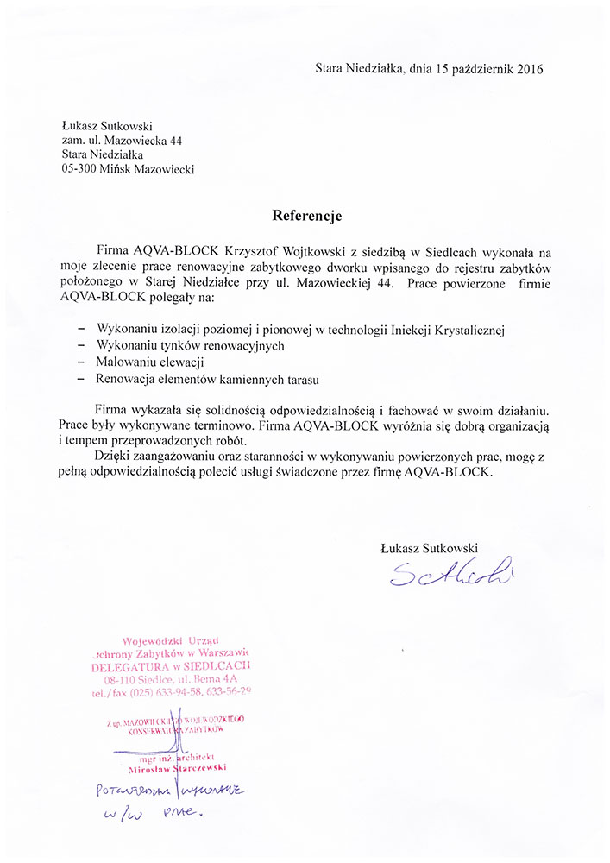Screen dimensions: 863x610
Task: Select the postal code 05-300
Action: [79, 170]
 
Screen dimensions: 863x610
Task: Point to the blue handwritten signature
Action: [450, 572]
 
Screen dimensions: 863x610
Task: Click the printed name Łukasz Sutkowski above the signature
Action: [428, 547]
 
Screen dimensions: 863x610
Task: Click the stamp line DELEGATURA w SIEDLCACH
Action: [172, 667]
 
